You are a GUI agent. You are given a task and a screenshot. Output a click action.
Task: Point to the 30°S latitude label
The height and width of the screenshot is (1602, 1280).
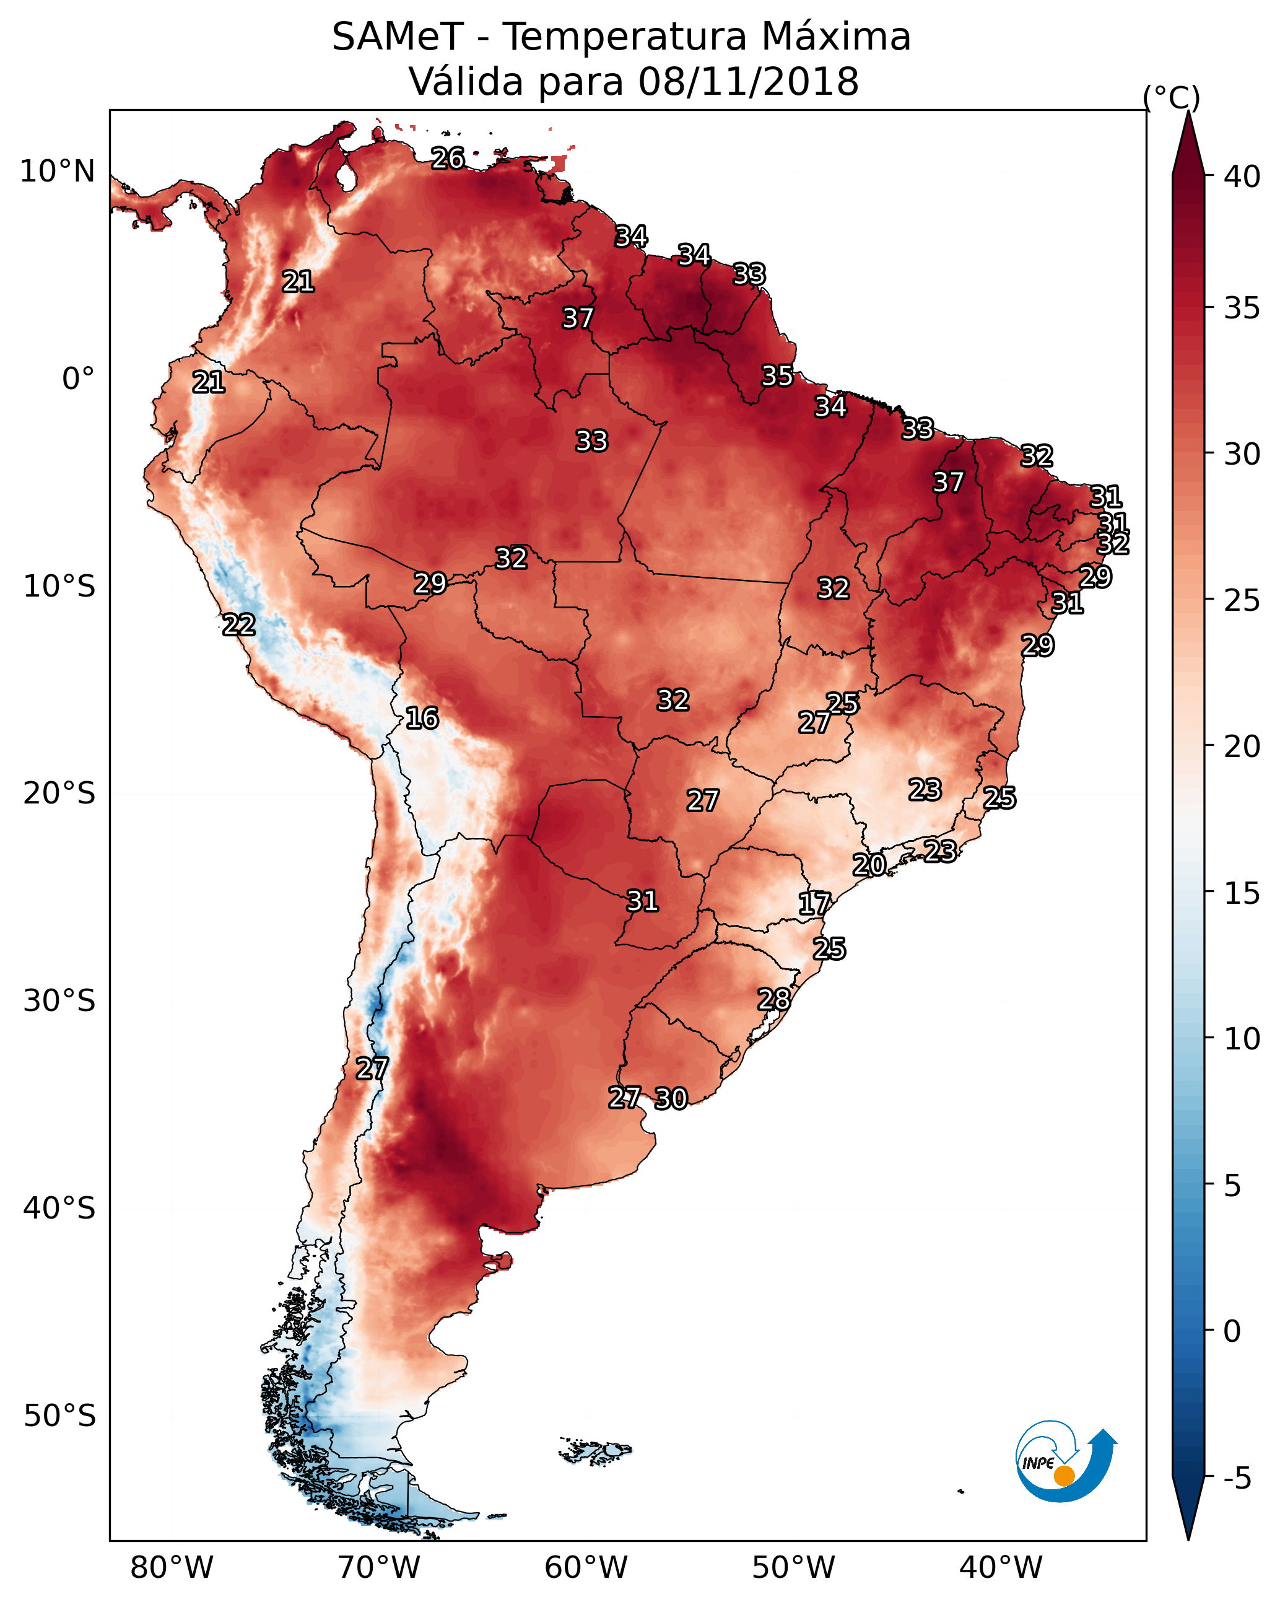tap(59, 1001)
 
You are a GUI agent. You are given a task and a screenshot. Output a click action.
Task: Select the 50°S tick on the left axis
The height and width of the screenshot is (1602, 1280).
tap(59, 1416)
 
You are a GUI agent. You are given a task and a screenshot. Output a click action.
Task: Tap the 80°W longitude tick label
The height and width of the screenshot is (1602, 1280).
tap(172, 1567)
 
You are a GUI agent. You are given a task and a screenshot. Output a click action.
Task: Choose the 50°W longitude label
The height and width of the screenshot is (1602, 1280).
tap(793, 1567)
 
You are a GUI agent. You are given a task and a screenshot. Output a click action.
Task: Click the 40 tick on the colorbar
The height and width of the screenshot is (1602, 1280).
tap(1242, 177)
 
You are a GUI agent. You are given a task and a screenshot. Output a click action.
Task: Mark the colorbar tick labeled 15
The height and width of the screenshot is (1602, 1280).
tap(1242, 893)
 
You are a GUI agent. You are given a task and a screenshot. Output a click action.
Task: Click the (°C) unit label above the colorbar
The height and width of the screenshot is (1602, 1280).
tap(1172, 97)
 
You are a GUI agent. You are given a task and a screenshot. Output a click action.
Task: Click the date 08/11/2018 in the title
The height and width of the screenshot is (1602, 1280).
tap(748, 81)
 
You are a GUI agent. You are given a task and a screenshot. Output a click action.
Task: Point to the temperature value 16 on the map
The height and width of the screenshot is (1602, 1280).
tap(422, 719)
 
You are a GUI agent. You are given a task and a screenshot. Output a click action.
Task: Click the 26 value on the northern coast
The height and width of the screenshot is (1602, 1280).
tap(448, 158)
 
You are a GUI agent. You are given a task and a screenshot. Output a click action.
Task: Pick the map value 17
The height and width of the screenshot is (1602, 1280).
tap(814, 904)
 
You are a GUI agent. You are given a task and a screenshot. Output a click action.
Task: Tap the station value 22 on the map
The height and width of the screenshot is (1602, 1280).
tap(238, 625)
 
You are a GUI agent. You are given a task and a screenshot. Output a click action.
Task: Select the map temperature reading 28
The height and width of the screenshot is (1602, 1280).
tap(773, 999)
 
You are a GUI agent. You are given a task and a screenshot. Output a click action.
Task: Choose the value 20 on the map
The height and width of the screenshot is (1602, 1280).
tap(868, 865)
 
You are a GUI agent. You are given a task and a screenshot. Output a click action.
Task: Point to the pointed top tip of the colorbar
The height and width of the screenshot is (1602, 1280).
tap(1188, 111)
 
